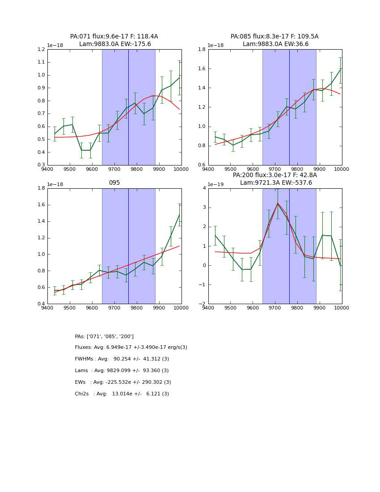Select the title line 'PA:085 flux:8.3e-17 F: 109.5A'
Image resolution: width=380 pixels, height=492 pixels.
[274, 37]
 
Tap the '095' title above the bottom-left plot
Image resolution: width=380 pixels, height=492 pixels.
[114, 183]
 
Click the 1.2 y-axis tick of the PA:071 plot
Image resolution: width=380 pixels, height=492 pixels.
[41, 50]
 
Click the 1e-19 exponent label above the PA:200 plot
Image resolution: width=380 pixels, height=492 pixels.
[215, 184]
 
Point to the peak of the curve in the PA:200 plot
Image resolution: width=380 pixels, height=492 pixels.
[278, 204]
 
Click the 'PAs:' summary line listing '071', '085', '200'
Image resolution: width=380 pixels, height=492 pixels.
[104, 336]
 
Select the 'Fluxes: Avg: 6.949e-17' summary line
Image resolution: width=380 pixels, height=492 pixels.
[131, 348]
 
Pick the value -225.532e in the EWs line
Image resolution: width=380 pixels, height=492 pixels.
[121, 382]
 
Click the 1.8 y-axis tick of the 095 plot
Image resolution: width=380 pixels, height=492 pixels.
[41, 188]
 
